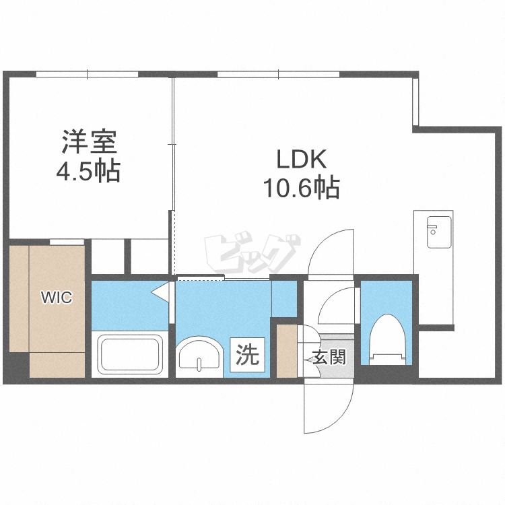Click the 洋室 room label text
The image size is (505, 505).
pos(90,143)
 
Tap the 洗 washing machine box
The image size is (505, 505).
pos(248,355)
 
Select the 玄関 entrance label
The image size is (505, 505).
pos(329,358)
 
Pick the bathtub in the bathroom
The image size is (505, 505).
pos(131,353)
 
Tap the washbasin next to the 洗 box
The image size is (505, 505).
pos(199,355)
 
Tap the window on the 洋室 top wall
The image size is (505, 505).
pos(88,73)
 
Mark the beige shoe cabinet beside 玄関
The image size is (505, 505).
pos(287,350)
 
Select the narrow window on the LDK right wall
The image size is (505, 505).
pos(415,101)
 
